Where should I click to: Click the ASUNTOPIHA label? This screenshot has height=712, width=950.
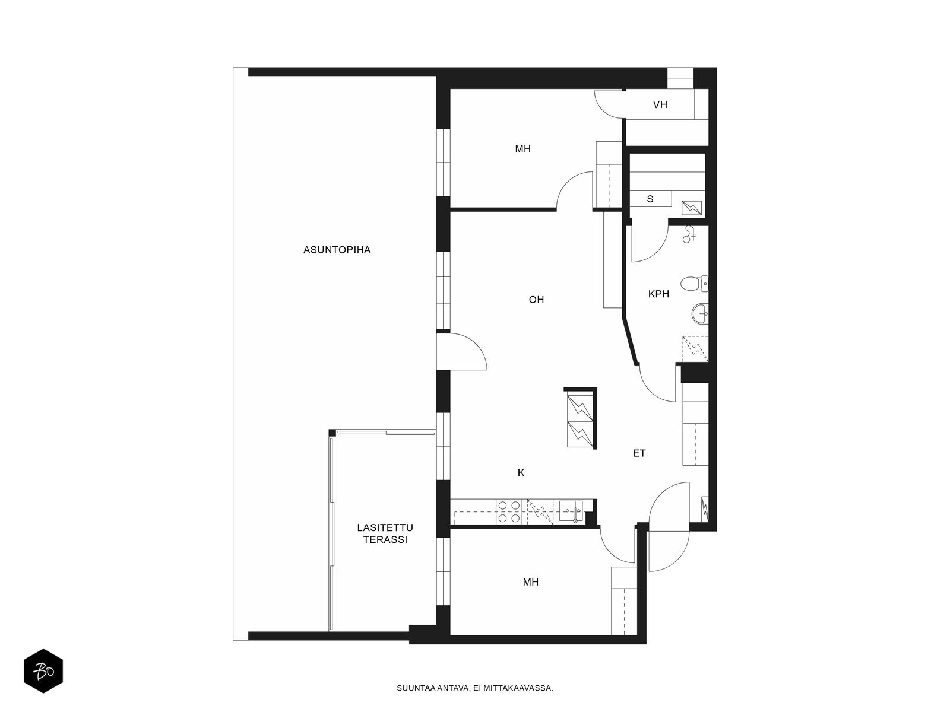pyautogui.click(x=337, y=250)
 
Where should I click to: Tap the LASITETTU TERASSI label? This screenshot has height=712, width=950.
pyautogui.click(x=385, y=533)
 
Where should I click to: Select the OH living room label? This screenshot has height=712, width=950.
pyautogui.click(x=536, y=300)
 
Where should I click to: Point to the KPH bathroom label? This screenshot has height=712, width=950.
pyautogui.click(x=658, y=294)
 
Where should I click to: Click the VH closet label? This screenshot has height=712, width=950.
pyautogui.click(x=660, y=104)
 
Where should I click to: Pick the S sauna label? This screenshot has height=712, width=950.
pyautogui.click(x=650, y=199)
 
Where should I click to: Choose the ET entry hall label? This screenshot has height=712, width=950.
pyautogui.click(x=639, y=453)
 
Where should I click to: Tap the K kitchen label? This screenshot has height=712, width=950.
pyautogui.click(x=521, y=472)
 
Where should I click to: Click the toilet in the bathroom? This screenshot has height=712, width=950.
pyautogui.click(x=694, y=284)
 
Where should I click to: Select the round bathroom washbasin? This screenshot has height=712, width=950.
pyautogui.click(x=700, y=313)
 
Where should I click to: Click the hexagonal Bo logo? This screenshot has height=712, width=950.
pyautogui.click(x=43, y=671)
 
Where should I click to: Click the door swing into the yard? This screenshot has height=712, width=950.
pyautogui.click(x=462, y=351)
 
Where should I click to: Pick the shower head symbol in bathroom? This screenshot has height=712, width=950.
pyautogui.click(x=689, y=234)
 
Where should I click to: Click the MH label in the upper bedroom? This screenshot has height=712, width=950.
pyautogui.click(x=522, y=149)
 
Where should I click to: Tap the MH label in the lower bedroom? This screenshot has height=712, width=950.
pyautogui.click(x=531, y=582)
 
